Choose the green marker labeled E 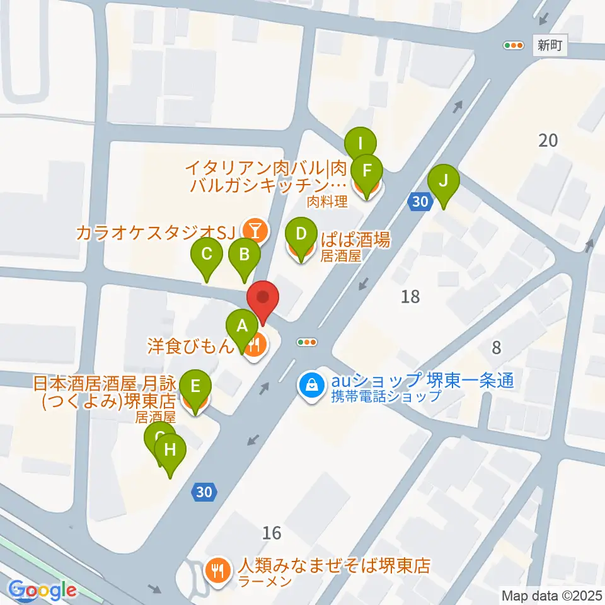coord(195,386)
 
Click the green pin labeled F coord(367,170)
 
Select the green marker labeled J coord(443,182)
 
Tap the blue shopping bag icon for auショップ coord(311,383)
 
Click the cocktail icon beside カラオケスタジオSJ coord(255,231)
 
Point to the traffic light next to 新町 coord(514,45)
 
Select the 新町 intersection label coord(550,45)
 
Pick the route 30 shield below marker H coord(204,493)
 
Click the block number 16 coord(272,533)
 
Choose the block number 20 coord(548,140)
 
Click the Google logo coord(43,591)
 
